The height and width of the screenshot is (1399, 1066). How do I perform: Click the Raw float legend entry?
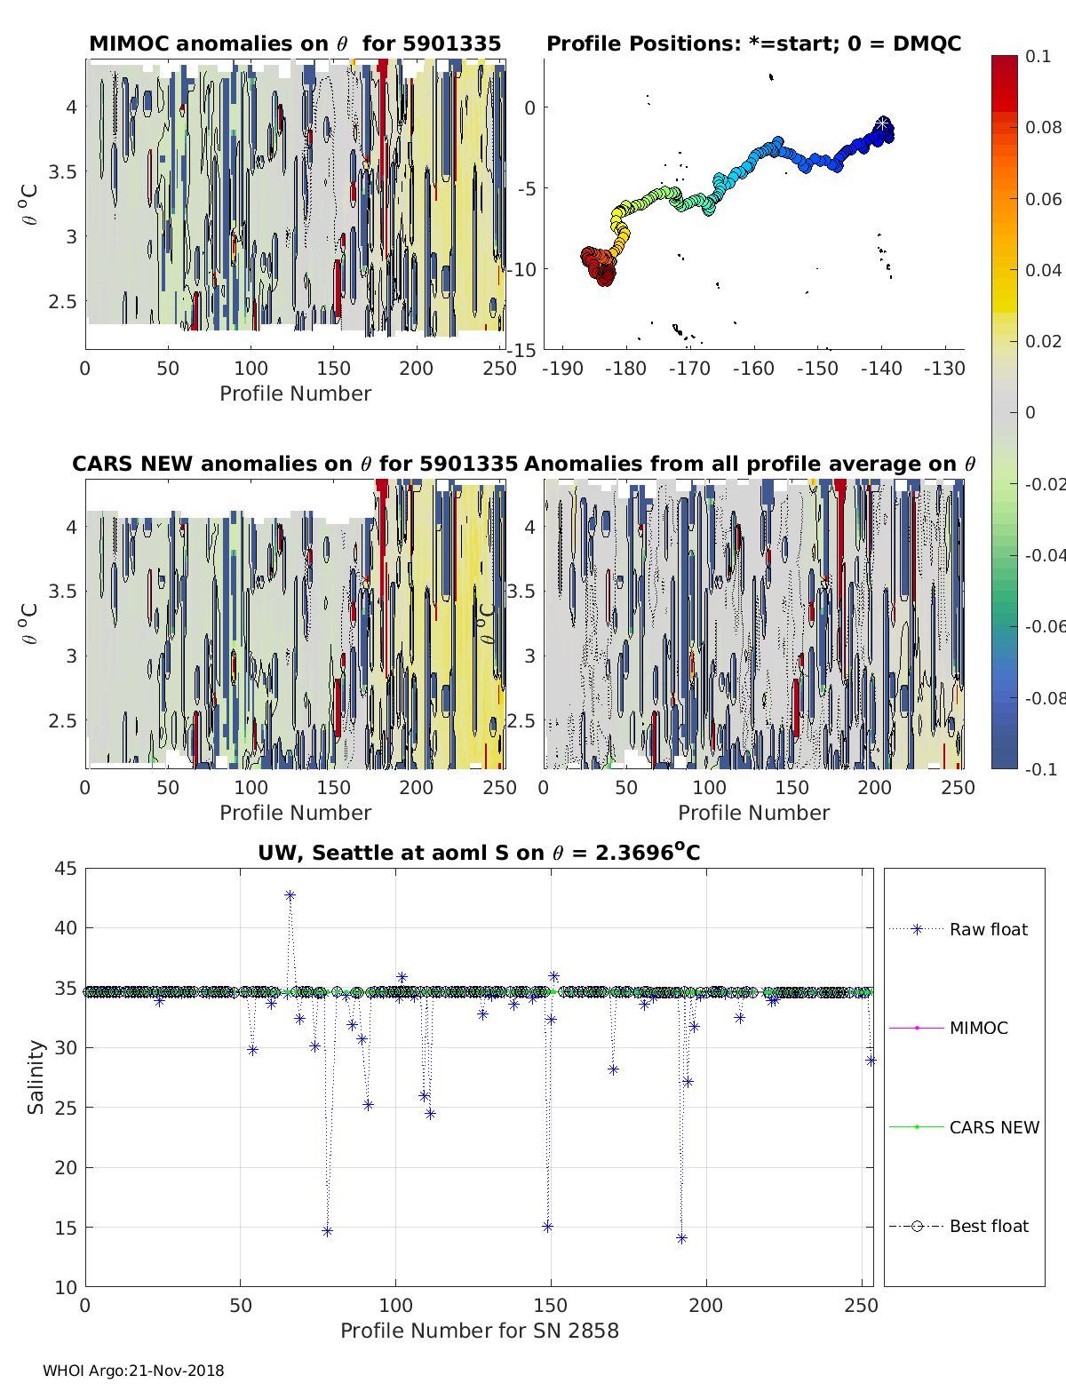point(988,929)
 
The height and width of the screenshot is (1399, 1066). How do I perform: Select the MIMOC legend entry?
point(978,1028)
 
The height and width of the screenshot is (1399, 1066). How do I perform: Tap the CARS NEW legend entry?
point(993,1127)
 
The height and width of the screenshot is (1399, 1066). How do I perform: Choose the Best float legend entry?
point(988,1226)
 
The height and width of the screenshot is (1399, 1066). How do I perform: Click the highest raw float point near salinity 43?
point(290,895)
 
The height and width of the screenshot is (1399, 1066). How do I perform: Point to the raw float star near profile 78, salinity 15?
point(327,1231)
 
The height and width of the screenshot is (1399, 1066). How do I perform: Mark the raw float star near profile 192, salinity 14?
point(681,1238)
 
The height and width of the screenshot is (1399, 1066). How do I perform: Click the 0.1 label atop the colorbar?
point(1037,56)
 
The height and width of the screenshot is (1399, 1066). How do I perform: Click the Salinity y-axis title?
point(36,1077)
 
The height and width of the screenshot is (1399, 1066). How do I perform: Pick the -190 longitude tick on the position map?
point(564,369)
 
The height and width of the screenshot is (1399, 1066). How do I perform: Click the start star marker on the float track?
point(882,123)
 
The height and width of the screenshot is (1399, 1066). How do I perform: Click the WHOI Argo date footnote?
point(133,1371)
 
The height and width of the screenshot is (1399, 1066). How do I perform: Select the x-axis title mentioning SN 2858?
point(479,1331)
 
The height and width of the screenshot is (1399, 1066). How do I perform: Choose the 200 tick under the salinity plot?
point(705,1306)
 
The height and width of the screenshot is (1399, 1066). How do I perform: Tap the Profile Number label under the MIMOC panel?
point(295,393)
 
